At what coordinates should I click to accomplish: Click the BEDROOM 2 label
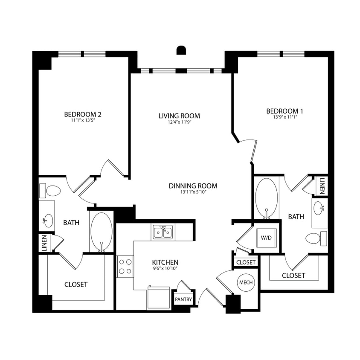82,114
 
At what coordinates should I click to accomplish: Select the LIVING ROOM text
179,116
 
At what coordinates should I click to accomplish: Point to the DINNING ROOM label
193,186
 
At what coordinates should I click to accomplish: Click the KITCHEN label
165,262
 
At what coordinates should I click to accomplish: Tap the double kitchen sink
162,232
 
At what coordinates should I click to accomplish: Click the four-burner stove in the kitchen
125,265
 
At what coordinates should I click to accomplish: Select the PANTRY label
183,299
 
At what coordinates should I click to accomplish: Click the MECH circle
246,283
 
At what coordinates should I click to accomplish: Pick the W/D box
266,238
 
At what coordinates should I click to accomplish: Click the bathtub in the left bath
102,232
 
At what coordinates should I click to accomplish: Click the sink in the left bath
47,220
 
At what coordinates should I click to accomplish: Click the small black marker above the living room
181,50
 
